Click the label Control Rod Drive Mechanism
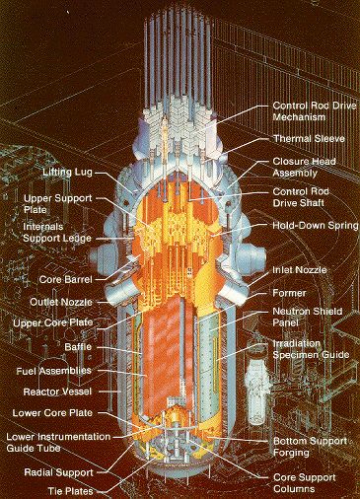coord(315,111)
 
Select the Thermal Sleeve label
coord(309,138)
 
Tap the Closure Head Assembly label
coord(305,167)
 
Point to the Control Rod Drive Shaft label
coord(301,197)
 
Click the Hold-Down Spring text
coord(316,226)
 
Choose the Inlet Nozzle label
coord(300,270)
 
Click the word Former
coord(289,293)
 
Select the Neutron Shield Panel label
coord(308,317)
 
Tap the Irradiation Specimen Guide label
coord(311,349)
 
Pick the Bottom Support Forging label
coord(310,447)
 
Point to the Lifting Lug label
coord(68,173)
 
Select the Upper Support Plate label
coord(58,204)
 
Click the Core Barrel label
coord(66,280)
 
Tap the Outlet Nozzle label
coord(61,302)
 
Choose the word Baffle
coord(78,347)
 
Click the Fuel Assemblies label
coord(54,371)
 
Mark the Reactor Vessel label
coord(57,392)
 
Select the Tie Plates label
coord(71,491)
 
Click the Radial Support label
coord(59,472)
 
